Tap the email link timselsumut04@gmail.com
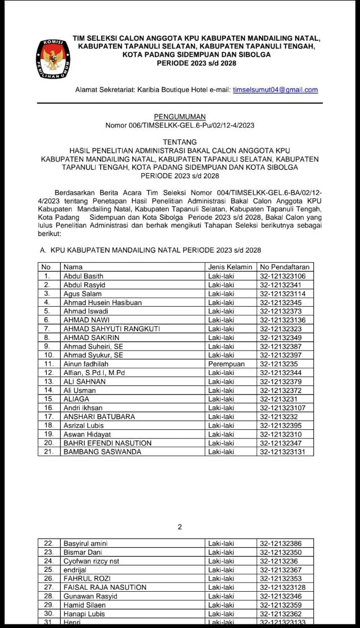[275, 90]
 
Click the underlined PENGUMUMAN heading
[180, 117]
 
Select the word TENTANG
[180, 142]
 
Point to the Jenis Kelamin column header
[230, 267]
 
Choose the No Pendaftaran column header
[284, 267]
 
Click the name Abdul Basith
[83, 276]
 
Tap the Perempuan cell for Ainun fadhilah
[226, 364]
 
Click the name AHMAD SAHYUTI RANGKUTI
[111, 329]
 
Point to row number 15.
[49, 399]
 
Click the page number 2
[180, 527]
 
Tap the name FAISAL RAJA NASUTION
[105, 588]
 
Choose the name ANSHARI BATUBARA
[99, 416]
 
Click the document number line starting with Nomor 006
[180, 125]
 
